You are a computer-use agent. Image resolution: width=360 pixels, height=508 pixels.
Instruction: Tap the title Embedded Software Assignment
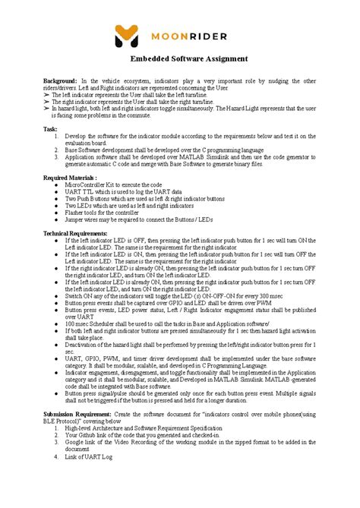point(180,59)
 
